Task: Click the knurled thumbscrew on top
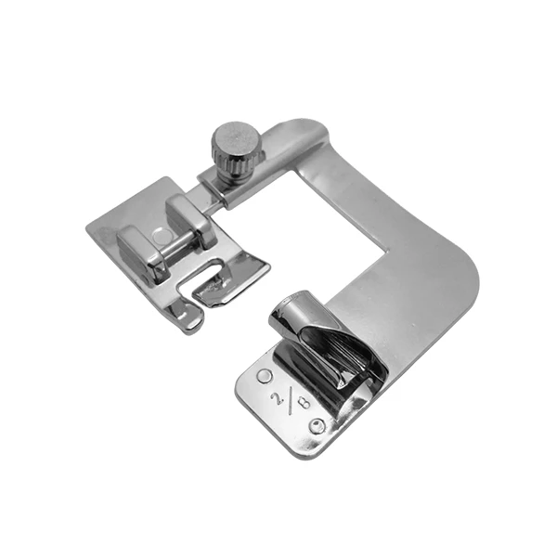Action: (x=236, y=149)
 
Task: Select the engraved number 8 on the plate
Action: (x=304, y=403)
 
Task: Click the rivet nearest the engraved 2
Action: (x=264, y=376)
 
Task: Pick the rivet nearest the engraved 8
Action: (x=317, y=425)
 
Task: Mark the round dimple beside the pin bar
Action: (x=161, y=235)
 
